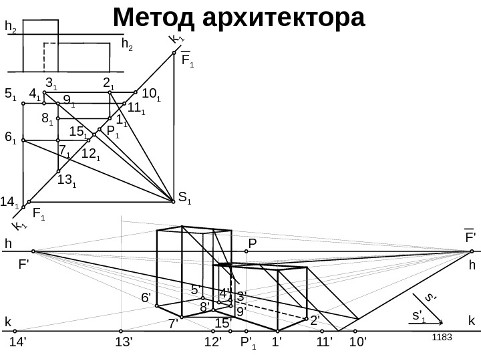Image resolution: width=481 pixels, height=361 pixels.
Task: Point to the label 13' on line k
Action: [124, 343]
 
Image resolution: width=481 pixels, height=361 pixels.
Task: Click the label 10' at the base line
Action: [359, 343]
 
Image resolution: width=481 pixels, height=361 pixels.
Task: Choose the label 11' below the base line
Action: [325, 343]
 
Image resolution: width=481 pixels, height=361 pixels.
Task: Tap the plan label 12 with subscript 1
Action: [90, 154]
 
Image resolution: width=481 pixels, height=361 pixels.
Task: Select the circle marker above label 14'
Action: [15, 330]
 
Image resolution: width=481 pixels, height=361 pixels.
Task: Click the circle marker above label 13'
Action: [121, 330]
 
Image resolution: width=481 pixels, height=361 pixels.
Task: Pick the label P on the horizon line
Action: [252, 243]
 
